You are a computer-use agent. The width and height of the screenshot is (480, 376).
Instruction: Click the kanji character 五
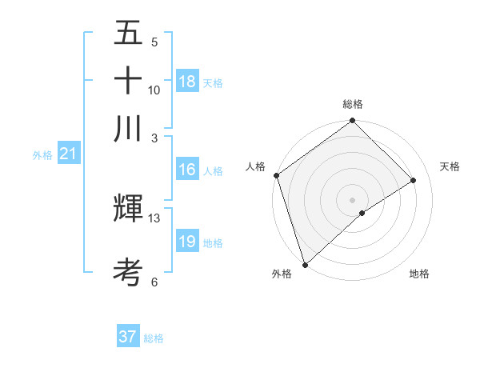tap(128, 34)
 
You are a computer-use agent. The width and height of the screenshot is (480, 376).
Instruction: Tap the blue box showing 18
tap(187, 82)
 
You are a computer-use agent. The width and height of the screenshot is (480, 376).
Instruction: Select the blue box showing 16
tap(187, 170)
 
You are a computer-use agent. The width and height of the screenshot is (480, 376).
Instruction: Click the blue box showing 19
tap(187, 242)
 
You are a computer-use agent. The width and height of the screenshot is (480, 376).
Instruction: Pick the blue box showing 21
tap(68, 154)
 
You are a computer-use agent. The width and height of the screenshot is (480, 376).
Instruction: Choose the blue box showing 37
tap(128, 337)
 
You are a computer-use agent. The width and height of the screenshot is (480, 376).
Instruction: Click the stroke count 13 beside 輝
tap(154, 218)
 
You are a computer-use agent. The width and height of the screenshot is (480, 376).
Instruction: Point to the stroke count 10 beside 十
tap(154, 90)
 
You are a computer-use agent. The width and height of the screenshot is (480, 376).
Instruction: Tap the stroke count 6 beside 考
tap(154, 282)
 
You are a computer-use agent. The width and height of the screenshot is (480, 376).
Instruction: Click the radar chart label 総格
tap(352, 104)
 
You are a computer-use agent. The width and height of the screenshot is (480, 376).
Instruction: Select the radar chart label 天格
tap(450, 166)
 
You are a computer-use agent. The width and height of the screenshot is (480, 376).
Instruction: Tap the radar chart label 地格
tap(419, 274)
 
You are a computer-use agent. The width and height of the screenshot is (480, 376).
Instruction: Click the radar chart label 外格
tap(282, 274)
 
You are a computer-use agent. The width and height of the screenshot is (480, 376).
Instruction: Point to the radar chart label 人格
tap(256, 166)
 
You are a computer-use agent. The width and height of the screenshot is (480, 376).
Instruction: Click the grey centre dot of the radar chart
tap(352, 200)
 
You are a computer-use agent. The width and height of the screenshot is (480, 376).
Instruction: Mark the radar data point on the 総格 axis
tap(352, 122)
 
